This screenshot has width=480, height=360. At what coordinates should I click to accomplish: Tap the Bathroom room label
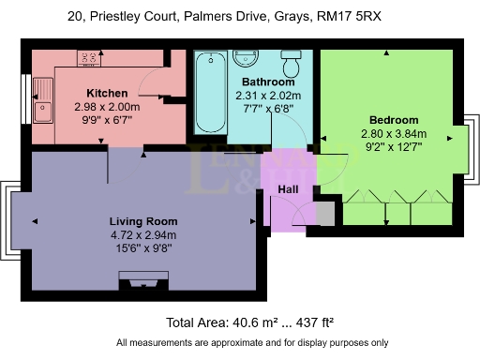click(x=255, y=82)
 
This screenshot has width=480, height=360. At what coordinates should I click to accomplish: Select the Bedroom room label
click(x=393, y=121)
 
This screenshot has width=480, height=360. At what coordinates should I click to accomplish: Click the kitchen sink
click(x=43, y=101)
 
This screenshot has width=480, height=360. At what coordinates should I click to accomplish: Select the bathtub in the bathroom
click(x=208, y=94)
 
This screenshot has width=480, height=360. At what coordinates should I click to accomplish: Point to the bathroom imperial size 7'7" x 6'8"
click(x=255, y=110)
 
